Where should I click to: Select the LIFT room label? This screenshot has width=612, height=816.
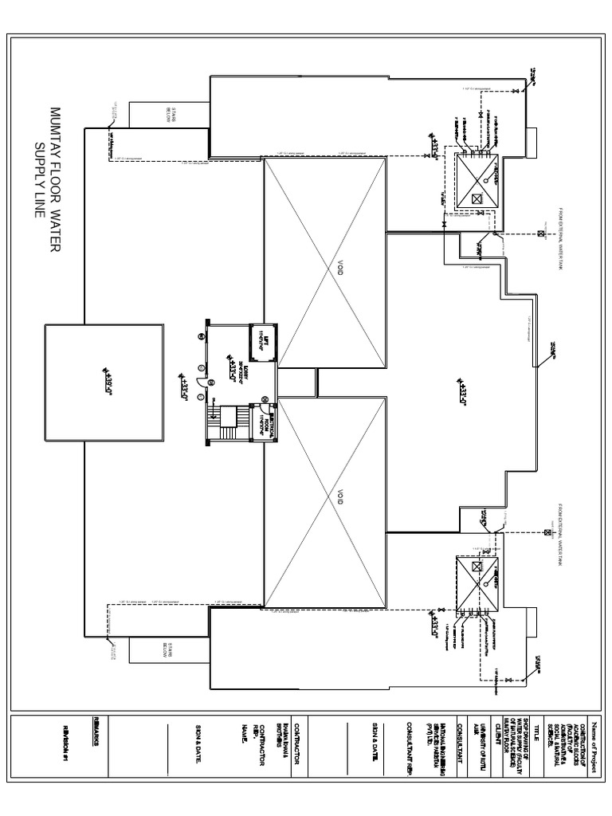pyautogui.click(x=260, y=341)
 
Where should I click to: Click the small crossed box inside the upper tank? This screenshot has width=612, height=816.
pyautogui.click(x=477, y=200)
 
